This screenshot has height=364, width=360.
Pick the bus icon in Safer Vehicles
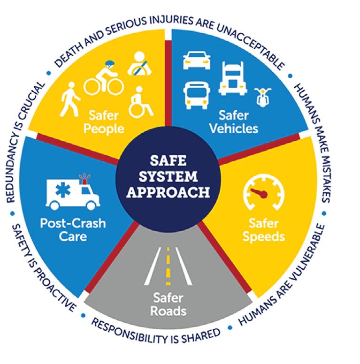click(x=197, y=94)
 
